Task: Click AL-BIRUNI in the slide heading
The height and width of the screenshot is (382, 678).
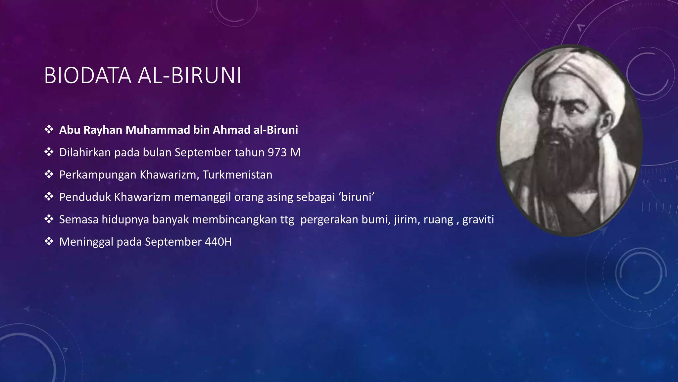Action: point(189,76)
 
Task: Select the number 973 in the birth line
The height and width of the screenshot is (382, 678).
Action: point(277,153)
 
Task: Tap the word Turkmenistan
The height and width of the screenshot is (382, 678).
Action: point(237,175)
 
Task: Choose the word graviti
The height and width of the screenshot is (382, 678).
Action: point(478,220)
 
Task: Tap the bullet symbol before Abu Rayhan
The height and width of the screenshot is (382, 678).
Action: point(49,130)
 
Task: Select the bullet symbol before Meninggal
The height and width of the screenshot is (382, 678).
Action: point(49,241)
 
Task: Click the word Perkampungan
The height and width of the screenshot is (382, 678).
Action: point(98,175)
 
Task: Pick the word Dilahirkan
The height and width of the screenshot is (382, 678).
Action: point(85,153)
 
